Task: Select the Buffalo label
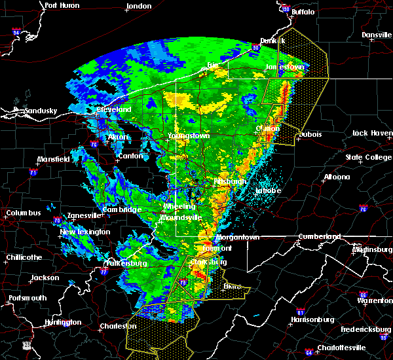click(302, 12)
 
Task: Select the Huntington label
click(63, 322)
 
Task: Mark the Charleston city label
click(115, 326)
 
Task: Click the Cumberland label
click(320, 236)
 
